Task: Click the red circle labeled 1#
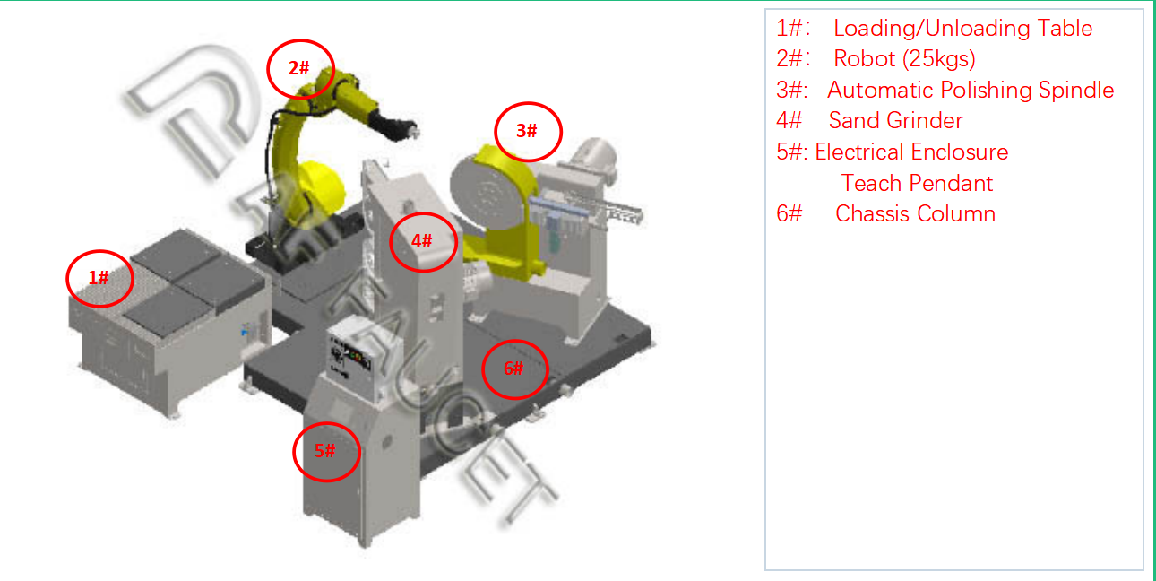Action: click(67, 280)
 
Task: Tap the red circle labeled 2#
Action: click(268, 69)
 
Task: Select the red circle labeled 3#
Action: click(496, 132)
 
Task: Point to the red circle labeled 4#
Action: click(392, 242)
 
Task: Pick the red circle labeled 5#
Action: click(295, 453)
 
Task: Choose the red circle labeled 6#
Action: click(484, 369)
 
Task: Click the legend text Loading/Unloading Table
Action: click(963, 29)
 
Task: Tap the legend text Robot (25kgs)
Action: click(904, 59)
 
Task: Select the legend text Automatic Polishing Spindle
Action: click(971, 91)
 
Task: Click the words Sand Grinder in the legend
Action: click(895, 121)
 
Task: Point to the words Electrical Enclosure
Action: click(911, 152)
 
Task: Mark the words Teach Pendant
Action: click(917, 183)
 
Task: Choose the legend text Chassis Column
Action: click(915, 213)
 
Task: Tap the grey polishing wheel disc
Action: click(486, 192)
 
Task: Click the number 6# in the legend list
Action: click(789, 213)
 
